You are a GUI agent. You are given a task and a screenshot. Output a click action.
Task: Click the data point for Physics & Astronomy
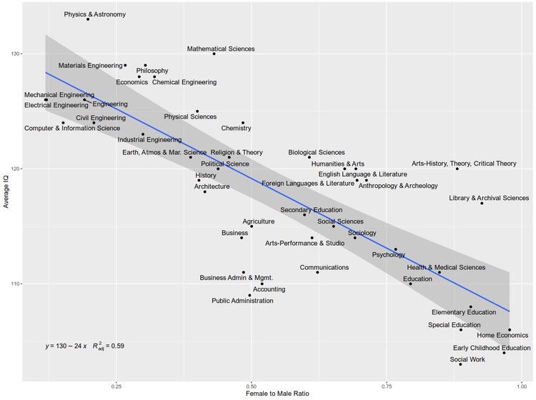[x=88, y=19]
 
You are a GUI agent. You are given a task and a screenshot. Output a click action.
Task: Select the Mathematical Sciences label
[x=221, y=49]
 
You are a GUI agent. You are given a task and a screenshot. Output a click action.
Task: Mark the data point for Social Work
[x=460, y=364]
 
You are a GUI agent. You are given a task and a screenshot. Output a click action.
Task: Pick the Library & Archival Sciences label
[x=489, y=199]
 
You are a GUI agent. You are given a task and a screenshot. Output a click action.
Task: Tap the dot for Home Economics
[x=510, y=330]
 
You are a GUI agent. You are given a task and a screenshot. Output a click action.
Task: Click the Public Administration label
[x=242, y=301]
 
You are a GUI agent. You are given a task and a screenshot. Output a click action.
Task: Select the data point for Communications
[x=318, y=272]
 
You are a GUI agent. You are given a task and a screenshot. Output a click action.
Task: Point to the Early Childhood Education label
[x=492, y=348]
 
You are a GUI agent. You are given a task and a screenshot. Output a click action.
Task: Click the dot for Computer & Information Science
[x=64, y=123]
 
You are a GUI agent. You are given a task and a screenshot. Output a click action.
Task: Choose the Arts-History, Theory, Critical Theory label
[x=464, y=164]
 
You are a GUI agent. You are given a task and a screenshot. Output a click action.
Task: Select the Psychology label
[x=389, y=254]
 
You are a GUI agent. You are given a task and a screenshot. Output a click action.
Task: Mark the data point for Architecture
[x=205, y=191]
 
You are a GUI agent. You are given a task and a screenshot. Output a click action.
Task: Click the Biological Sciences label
[x=316, y=152]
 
